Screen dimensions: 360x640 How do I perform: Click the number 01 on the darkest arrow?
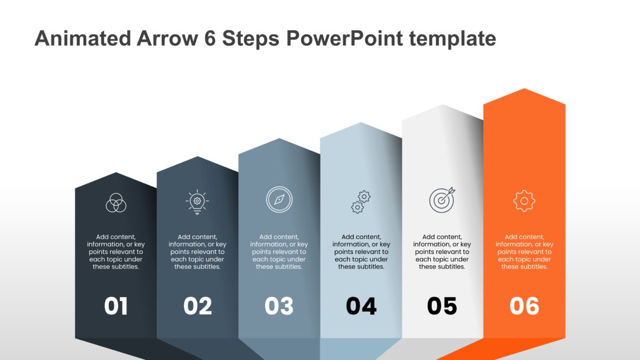(116, 306)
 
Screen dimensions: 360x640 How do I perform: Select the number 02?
(197, 306)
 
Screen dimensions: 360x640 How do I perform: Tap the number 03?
(279, 306)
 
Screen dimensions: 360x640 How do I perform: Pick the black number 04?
(361, 306)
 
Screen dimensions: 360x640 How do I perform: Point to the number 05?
(442, 306)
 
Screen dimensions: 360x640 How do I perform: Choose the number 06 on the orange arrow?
(524, 306)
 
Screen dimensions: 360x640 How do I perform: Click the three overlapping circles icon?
(116, 203)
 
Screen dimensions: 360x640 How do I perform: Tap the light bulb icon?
(197, 202)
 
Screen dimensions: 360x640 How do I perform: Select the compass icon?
(279, 200)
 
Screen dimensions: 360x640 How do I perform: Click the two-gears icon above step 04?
(361, 202)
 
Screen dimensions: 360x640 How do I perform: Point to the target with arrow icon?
(442, 200)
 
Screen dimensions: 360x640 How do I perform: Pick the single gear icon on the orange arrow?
(524, 201)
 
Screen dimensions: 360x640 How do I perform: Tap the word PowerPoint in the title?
(345, 38)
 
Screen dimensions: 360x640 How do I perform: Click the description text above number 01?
(116, 252)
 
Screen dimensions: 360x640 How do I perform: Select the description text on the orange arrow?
(524, 252)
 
